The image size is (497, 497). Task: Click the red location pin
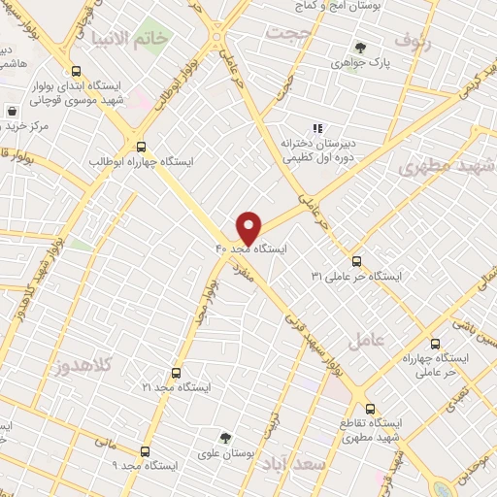(x=248, y=226)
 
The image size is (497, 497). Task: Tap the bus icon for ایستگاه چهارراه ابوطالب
(x=142, y=144)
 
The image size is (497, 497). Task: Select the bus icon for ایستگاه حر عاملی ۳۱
(x=356, y=260)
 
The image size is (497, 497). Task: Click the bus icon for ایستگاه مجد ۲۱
(x=176, y=372)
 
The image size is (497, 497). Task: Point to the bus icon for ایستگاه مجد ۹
(x=145, y=451)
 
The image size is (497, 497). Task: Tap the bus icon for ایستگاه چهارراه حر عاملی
(x=434, y=343)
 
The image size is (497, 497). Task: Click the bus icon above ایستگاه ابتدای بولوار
(x=77, y=70)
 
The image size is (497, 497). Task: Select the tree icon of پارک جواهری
(x=361, y=47)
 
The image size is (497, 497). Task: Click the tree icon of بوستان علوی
(x=225, y=437)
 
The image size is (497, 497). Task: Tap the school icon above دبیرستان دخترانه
(x=316, y=127)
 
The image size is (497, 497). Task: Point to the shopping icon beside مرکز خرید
(x=11, y=111)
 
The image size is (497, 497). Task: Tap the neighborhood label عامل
(x=391, y=339)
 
